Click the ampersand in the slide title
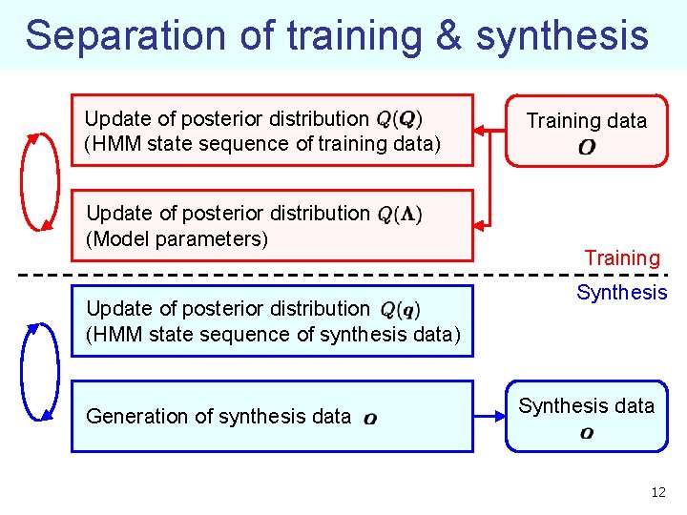click(448, 36)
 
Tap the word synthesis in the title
click(563, 36)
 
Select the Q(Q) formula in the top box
click(400, 119)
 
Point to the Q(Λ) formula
click(400, 214)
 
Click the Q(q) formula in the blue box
click(400, 309)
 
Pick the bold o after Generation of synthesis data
click(369, 418)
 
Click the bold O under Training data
click(587, 148)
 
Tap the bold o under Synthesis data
click(587, 433)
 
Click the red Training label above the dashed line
click(622, 258)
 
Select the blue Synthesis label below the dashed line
click(622, 293)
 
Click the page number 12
click(657, 492)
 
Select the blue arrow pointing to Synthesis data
click(489, 417)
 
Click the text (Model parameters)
click(177, 238)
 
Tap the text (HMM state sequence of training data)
click(262, 144)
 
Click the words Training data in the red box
click(587, 121)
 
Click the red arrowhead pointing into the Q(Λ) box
click(481, 225)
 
